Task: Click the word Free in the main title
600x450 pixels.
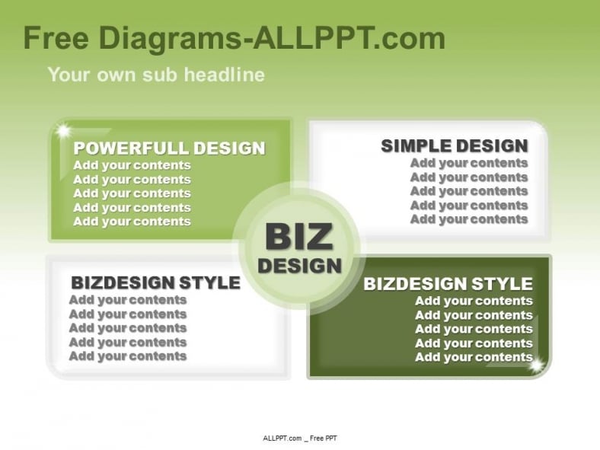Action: (56, 38)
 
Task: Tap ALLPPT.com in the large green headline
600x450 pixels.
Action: (349, 38)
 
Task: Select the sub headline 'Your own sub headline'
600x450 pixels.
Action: (156, 74)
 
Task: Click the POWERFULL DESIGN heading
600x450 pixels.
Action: (169, 148)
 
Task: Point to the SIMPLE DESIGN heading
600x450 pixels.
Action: (455, 145)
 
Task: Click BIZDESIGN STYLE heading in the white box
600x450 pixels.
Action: (156, 282)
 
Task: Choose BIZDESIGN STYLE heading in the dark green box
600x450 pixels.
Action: (448, 284)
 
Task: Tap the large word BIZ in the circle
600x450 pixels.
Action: (298, 237)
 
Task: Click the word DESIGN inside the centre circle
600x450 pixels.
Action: (299, 266)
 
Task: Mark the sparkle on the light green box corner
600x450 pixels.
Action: (63, 131)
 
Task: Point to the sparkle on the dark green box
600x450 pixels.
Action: (537, 365)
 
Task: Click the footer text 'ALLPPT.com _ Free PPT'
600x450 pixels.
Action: (300, 438)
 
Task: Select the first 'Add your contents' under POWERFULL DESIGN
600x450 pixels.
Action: (132, 165)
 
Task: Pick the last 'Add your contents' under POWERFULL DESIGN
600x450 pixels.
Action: (132, 222)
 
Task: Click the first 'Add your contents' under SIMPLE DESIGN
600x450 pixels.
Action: (469, 163)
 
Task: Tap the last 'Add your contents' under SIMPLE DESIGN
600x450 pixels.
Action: (469, 219)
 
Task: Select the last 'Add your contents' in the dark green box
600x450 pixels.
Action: (474, 357)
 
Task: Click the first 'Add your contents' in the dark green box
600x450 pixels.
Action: (474, 302)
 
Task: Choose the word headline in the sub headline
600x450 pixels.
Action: (224, 74)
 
